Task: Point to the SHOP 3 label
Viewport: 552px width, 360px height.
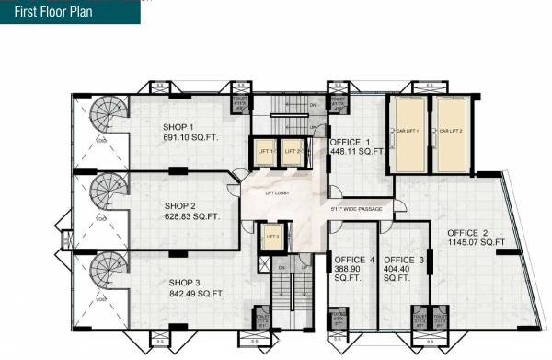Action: (184, 282)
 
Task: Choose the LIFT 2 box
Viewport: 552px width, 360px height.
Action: (292, 151)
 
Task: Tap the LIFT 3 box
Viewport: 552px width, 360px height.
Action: (271, 238)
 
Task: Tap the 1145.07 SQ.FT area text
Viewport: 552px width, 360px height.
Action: (472, 242)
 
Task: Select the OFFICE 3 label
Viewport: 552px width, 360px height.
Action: (403, 260)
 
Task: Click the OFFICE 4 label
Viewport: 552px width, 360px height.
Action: (354, 260)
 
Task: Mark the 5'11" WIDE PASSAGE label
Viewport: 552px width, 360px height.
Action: (355, 210)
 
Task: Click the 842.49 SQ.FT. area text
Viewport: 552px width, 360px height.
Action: (197, 293)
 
